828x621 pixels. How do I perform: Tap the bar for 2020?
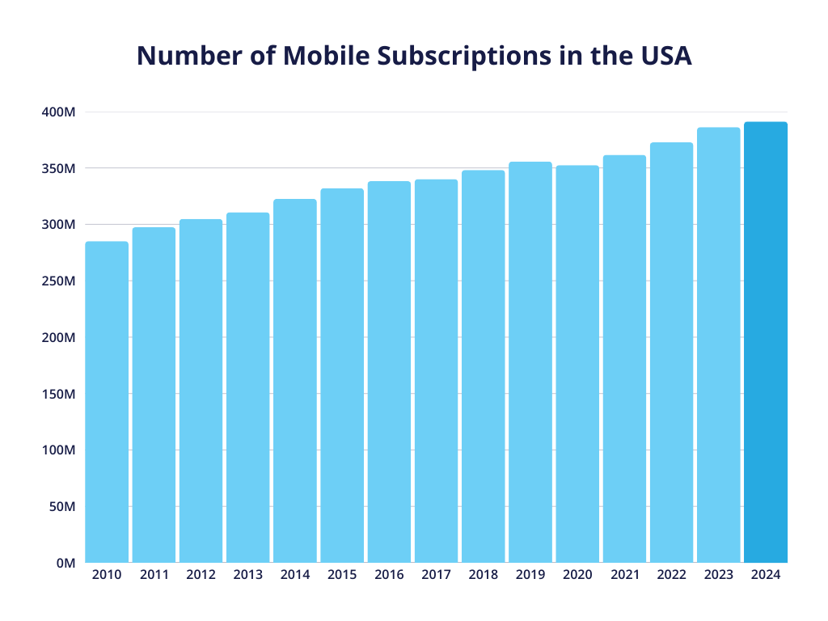577,364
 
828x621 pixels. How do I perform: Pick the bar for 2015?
342,375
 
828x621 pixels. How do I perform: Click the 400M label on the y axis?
58,112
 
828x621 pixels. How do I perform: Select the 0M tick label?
65,563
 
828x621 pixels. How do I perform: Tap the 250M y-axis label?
58,281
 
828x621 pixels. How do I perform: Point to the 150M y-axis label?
58,394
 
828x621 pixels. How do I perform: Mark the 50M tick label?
61,506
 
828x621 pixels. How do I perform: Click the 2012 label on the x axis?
201,575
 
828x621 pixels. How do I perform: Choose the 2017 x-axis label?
436,575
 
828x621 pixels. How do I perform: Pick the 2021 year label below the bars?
624,575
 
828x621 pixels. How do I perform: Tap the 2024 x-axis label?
765,575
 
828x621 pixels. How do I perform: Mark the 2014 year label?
294,575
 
